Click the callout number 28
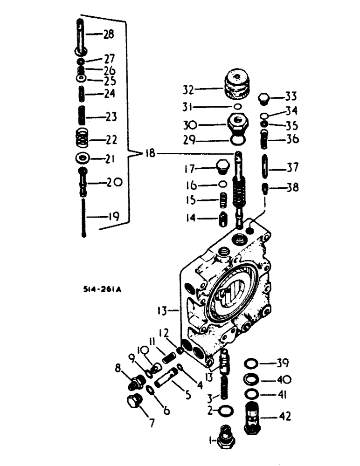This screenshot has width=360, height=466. click(108, 34)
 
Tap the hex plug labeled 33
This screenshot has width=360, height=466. click(264, 99)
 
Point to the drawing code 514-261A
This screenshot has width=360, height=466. click(100, 289)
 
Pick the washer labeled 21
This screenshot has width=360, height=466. click(83, 158)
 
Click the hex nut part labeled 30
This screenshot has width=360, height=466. click(238, 124)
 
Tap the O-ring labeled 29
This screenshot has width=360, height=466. click(238, 140)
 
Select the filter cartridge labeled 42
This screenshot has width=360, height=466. click(253, 417)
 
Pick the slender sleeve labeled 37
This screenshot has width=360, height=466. click(264, 167)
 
